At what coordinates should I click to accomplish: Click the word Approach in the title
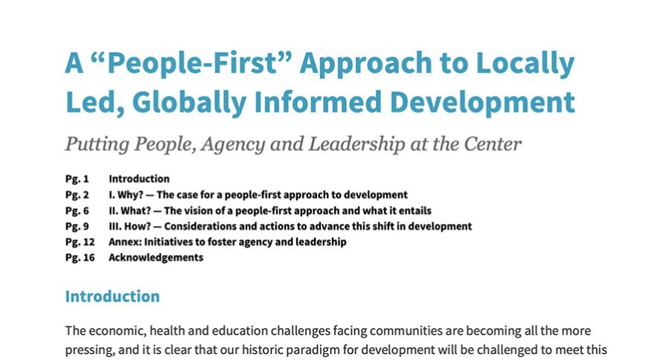click(x=365, y=64)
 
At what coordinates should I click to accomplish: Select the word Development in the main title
click(x=482, y=103)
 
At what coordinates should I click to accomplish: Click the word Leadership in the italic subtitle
click(x=356, y=144)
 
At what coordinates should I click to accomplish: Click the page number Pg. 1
click(x=77, y=179)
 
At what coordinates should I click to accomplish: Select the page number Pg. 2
click(x=77, y=194)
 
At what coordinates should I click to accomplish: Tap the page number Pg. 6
click(x=77, y=210)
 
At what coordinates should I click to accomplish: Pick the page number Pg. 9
click(x=77, y=226)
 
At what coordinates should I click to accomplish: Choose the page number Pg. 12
click(x=80, y=242)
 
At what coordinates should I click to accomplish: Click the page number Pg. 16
click(x=80, y=257)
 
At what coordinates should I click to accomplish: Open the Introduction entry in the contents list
click(x=139, y=179)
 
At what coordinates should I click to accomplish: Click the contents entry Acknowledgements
click(x=156, y=257)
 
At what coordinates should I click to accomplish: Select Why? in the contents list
click(x=130, y=194)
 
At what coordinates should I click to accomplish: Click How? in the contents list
click(x=138, y=226)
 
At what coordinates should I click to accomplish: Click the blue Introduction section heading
click(x=112, y=296)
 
